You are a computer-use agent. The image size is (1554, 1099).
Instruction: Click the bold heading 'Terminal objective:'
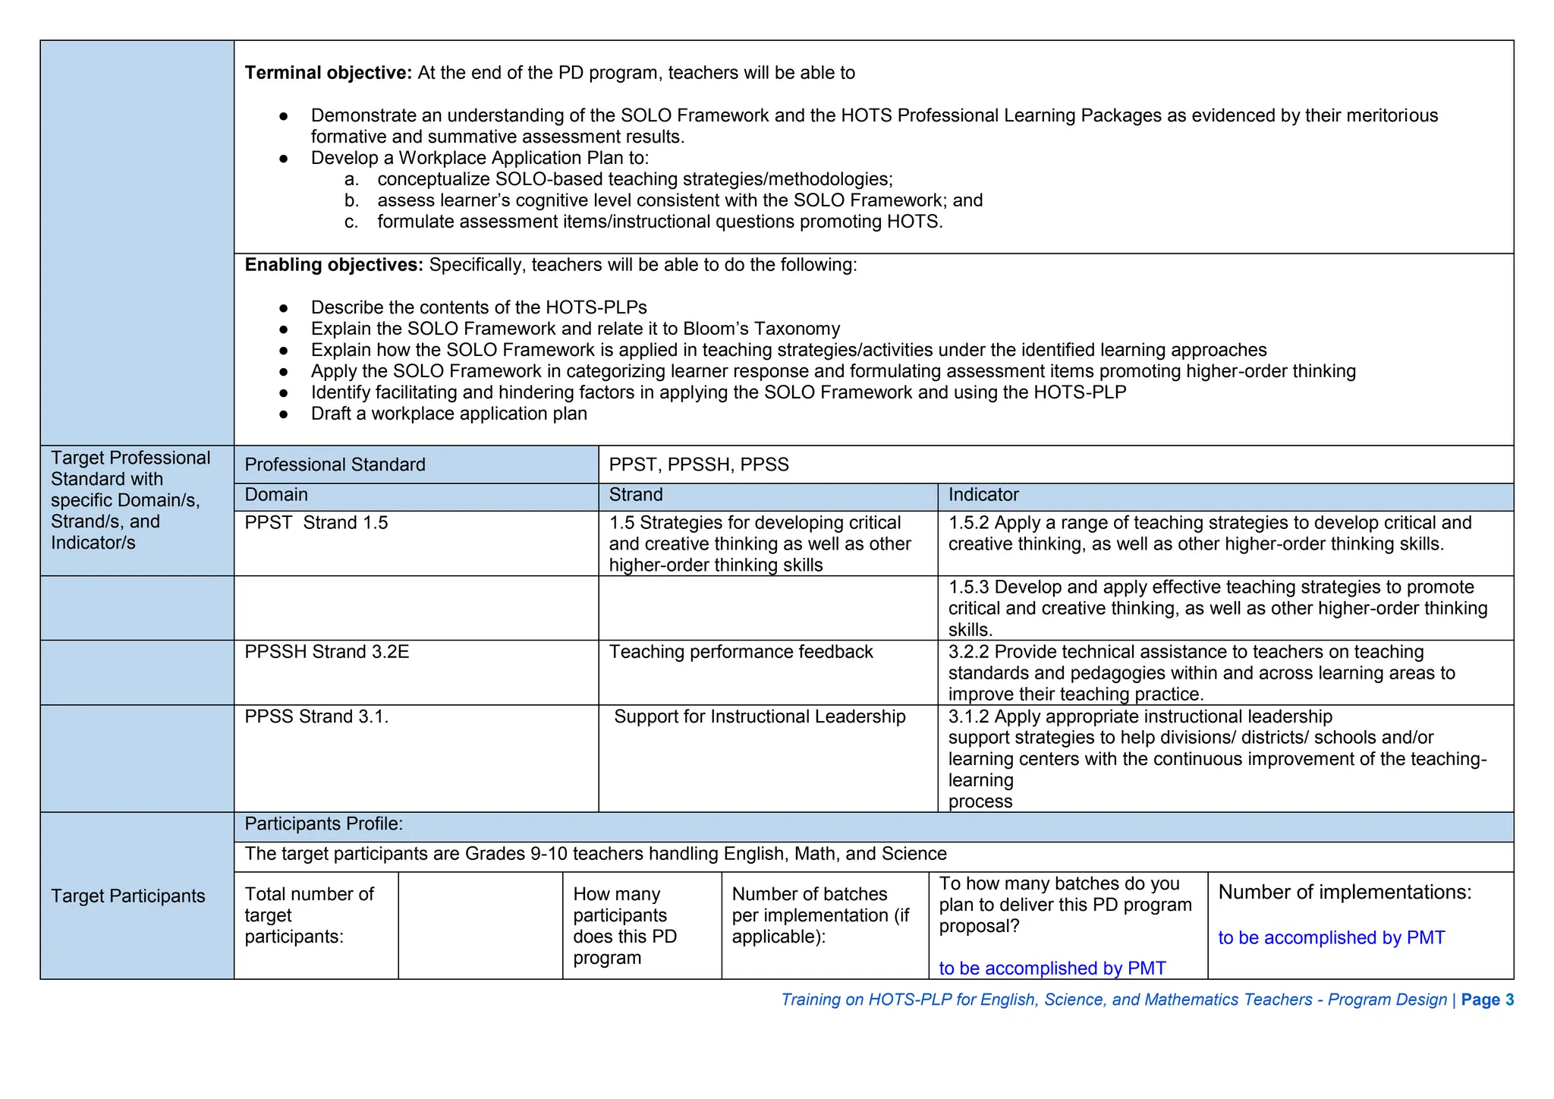tap(328, 73)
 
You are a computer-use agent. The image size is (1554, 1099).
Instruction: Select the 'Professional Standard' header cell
tap(335, 464)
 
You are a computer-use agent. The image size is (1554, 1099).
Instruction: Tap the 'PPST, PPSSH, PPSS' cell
tap(698, 464)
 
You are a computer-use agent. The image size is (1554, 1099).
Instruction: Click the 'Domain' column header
tap(276, 495)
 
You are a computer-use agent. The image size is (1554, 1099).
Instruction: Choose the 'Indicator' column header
tap(983, 495)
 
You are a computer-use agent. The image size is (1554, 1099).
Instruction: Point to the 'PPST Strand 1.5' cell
tap(316, 523)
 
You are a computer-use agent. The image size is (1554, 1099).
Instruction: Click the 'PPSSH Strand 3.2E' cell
tap(326, 652)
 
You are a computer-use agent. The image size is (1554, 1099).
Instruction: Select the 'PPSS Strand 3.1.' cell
tap(316, 716)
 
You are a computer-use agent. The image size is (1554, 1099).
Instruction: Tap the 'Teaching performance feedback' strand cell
tap(741, 652)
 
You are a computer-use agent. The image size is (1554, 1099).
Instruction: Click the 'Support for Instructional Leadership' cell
tap(760, 716)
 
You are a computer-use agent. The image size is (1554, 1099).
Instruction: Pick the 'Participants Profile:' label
tap(323, 823)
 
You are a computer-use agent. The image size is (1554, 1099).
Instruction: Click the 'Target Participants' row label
tap(128, 896)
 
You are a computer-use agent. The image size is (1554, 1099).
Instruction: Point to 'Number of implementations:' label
tap(1345, 892)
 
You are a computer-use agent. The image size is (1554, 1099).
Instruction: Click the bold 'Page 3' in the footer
tap(1487, 1000)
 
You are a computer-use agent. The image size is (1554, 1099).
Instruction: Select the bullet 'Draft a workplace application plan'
tap(448, 414)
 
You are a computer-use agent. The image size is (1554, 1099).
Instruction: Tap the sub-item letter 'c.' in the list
tap(351, 222)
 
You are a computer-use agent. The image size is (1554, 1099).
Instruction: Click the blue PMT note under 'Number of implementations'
tap(1331, 938)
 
